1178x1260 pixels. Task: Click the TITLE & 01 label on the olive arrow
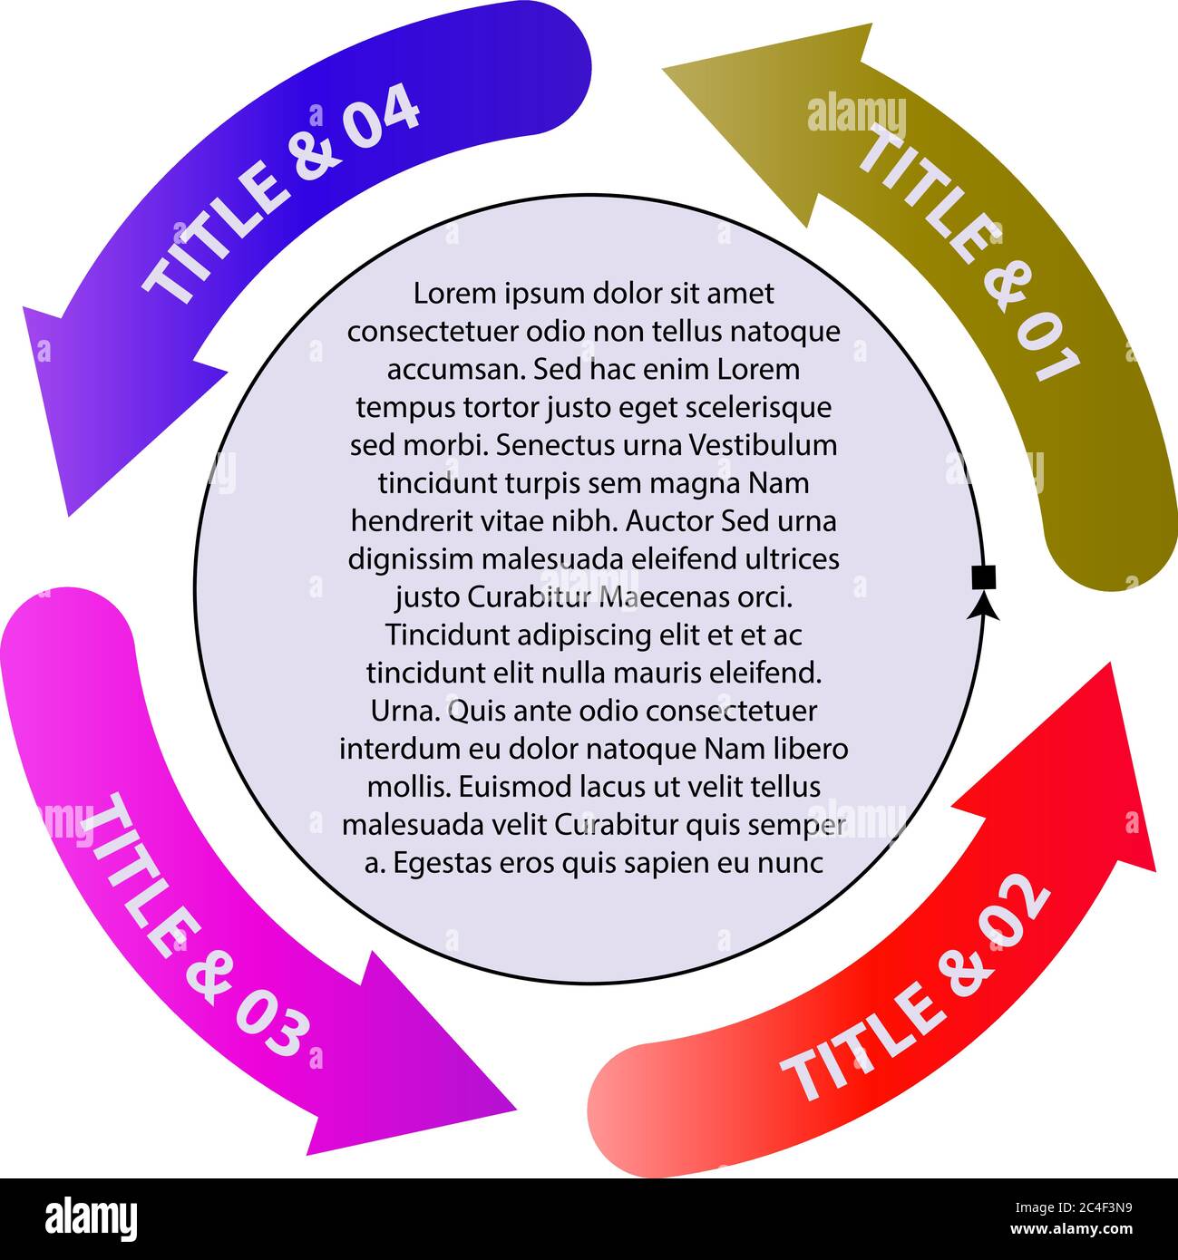tap(969, 253)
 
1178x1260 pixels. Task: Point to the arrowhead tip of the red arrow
tap(1110, 663)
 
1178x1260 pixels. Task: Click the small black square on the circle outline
tap(983, 577)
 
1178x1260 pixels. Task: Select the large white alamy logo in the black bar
tap(91, 1219)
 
